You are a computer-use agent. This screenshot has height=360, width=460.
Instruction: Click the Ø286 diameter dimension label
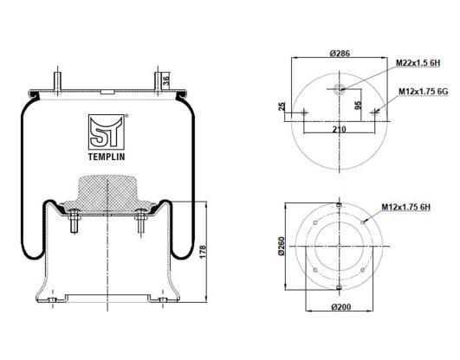(340, 54)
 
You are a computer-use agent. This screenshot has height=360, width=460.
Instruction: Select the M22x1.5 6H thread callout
(418, 63)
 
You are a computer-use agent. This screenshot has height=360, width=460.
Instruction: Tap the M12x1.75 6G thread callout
(423, 92)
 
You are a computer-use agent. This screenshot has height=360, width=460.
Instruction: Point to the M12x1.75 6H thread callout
(405, 207)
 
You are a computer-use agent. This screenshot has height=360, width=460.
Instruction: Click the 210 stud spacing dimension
(339, 129)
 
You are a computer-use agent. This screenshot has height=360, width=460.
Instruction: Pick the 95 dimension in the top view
(358, 106)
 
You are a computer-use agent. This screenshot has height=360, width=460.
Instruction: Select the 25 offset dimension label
(282, 106)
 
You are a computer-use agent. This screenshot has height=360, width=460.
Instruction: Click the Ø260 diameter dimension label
(281, 246)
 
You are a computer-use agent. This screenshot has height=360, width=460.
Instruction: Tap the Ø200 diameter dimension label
(341, 307)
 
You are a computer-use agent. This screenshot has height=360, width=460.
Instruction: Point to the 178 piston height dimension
(203, 252)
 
